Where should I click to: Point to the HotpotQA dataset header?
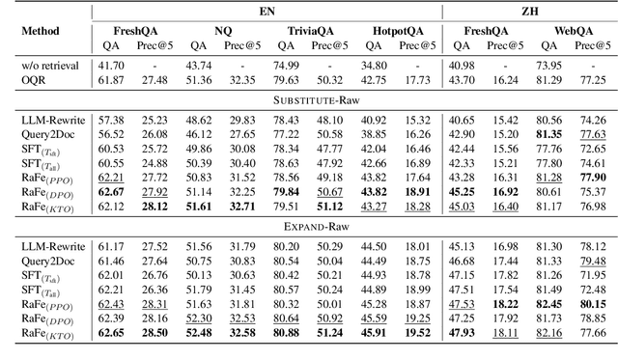pos(395,30)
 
